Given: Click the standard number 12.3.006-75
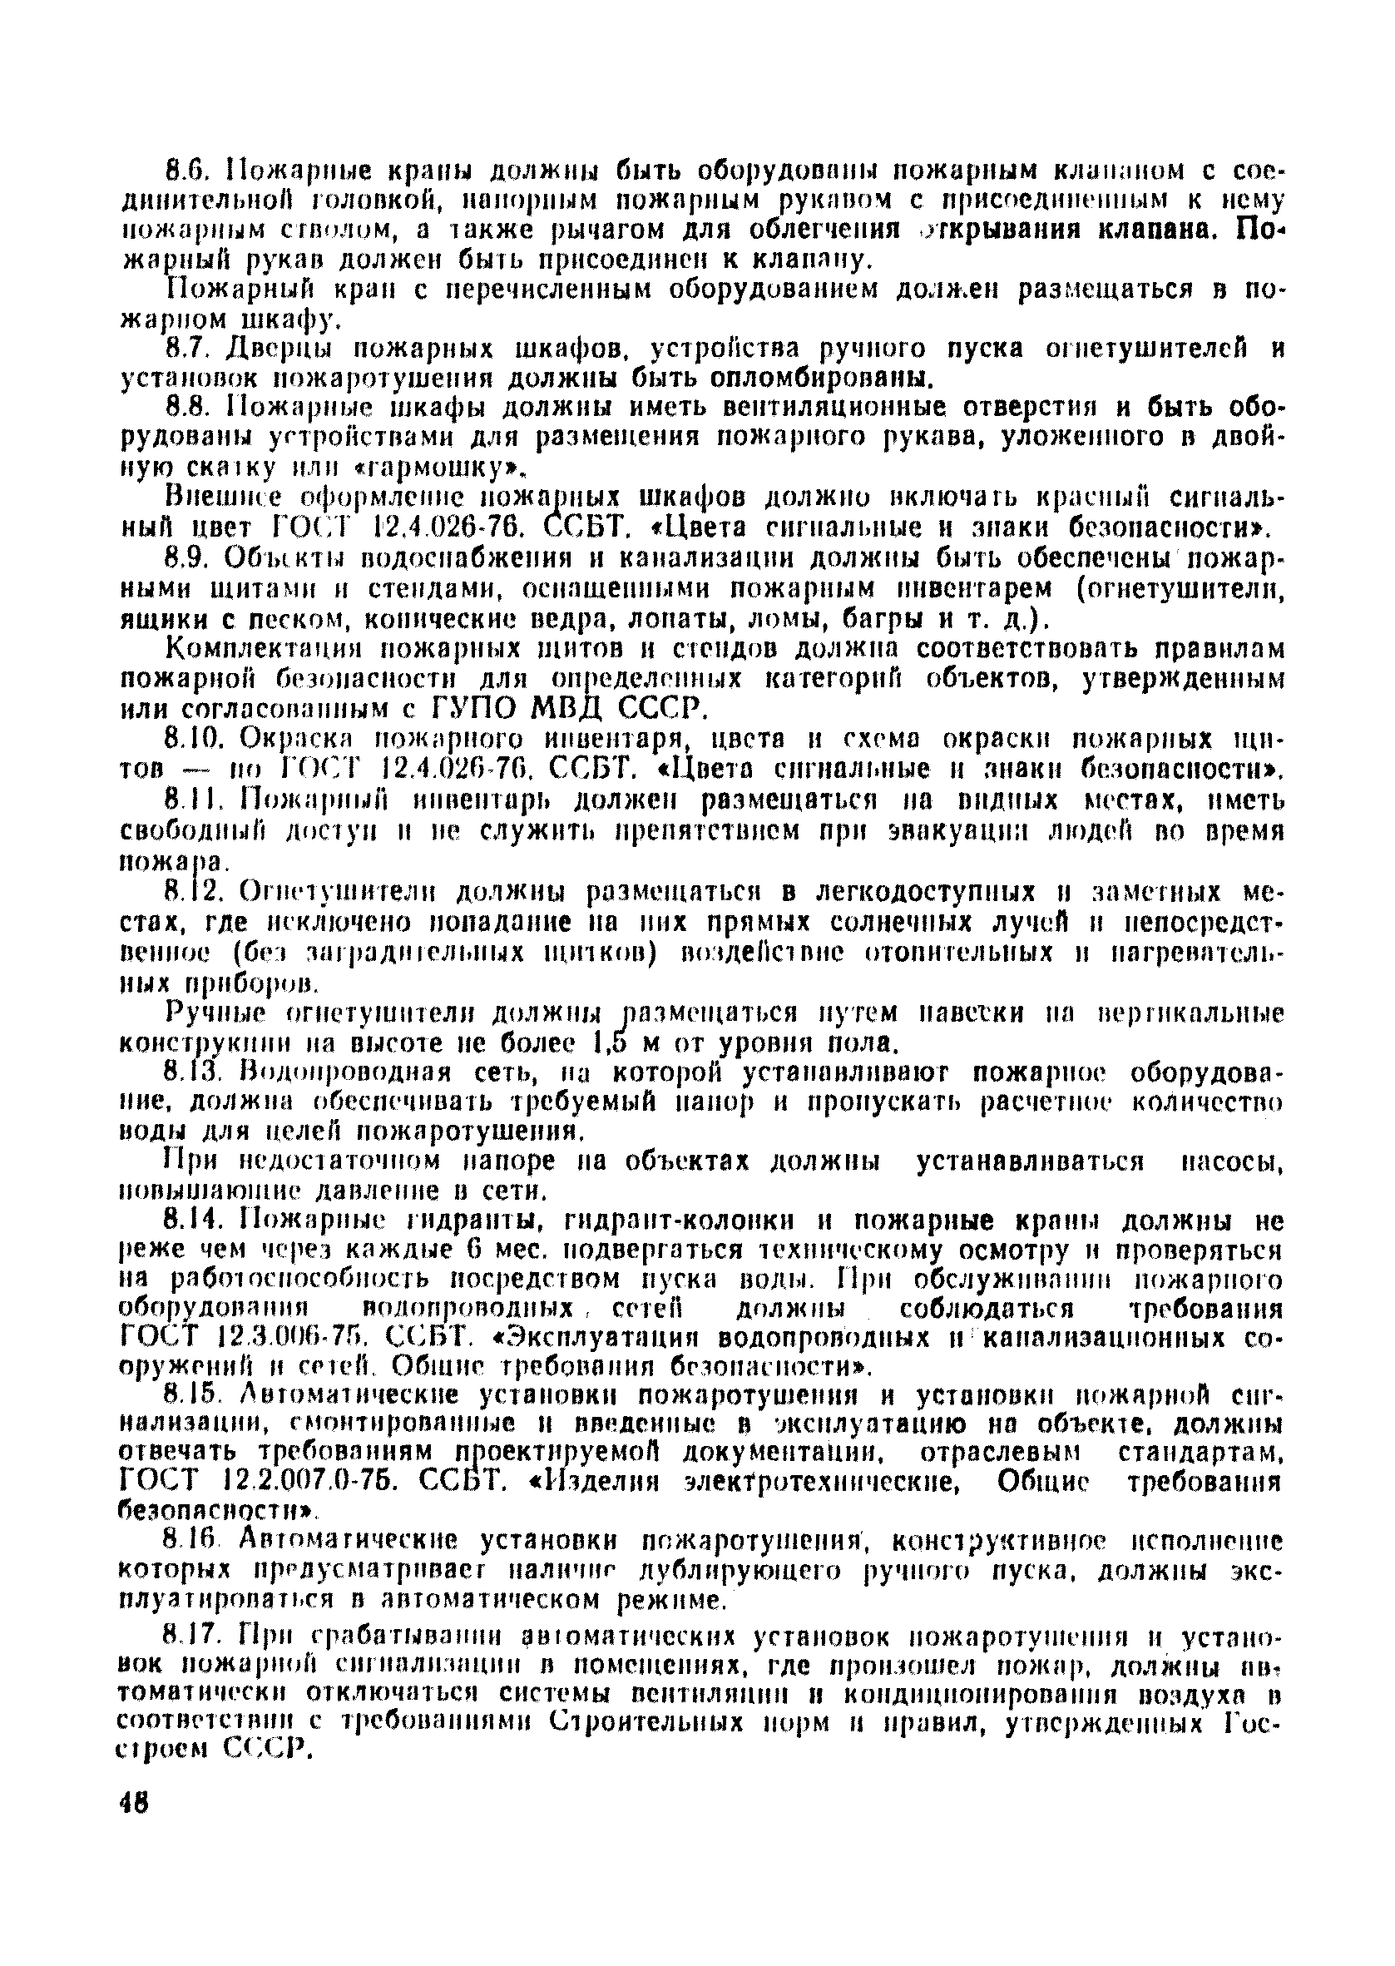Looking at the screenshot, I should tap(292, 1338).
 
